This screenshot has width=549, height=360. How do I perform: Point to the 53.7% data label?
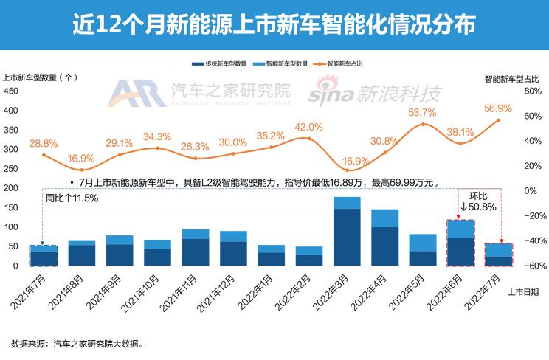(423, 112)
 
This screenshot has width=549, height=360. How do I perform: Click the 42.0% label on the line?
(308, 127)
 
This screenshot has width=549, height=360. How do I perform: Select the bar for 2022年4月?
(384, 237)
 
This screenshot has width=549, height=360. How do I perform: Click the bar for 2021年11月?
(195, 247)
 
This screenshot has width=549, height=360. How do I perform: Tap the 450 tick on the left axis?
(11, 91)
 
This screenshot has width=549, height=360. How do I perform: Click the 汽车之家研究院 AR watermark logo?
(199, 93)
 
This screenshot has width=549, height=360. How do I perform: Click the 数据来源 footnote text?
(77, 344)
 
